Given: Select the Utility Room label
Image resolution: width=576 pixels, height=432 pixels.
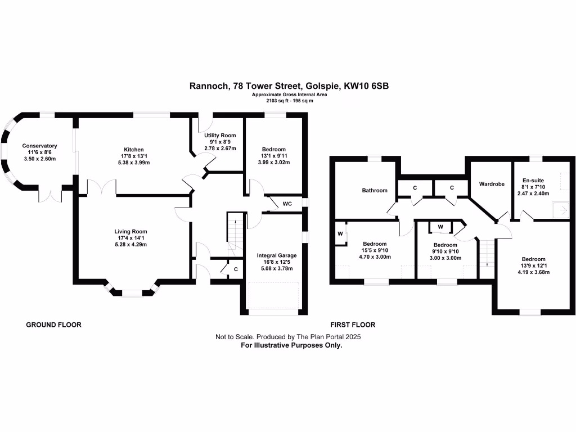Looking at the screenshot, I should coord(220,136).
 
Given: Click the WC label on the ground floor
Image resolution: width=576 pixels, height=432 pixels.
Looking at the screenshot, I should coord(287,203).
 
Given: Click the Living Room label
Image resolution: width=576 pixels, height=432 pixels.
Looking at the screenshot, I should coord(130,231).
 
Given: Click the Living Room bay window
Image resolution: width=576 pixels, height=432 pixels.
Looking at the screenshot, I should coord(132,290).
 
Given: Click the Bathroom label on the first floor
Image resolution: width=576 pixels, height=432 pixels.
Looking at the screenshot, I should coord(374,190).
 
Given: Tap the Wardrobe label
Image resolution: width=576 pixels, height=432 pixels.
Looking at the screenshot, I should coord(491,184).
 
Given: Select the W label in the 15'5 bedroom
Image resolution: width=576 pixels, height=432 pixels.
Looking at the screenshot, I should coord(340,233).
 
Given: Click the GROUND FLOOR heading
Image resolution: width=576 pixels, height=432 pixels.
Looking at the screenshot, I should coord(54,325).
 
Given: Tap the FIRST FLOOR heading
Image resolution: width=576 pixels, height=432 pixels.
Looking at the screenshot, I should coord(352,325).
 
